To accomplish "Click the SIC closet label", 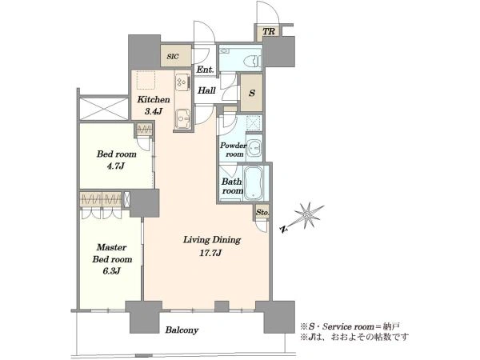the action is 173,57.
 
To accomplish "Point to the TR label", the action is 269,31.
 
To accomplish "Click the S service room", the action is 252,93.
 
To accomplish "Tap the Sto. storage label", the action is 262,212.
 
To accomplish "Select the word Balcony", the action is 182,330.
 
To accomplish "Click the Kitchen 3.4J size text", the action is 154,111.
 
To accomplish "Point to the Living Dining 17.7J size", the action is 211,253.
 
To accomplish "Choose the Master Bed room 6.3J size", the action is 111,271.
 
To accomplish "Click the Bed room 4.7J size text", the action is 116,166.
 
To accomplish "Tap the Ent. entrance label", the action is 205,70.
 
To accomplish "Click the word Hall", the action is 206,90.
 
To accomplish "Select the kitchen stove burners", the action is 182,82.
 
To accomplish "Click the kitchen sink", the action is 183,118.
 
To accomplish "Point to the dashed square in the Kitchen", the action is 146,80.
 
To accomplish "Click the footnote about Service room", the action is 350,326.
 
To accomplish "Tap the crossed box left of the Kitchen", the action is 104,109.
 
